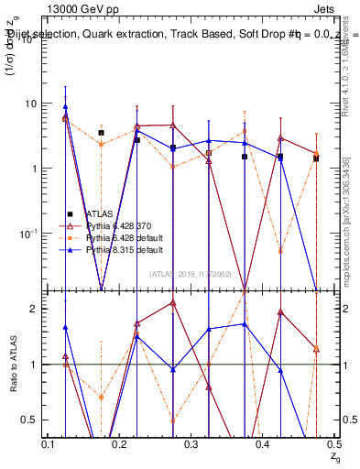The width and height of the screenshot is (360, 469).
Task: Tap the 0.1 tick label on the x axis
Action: pos(49,444)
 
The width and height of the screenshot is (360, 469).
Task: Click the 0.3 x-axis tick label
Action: pos(192,444)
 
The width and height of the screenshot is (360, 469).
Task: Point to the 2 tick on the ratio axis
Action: pos(34,309)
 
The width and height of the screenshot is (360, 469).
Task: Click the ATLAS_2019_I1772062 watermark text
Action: pos(191,273)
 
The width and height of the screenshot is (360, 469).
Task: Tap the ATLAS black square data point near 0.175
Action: pos(101,133)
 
